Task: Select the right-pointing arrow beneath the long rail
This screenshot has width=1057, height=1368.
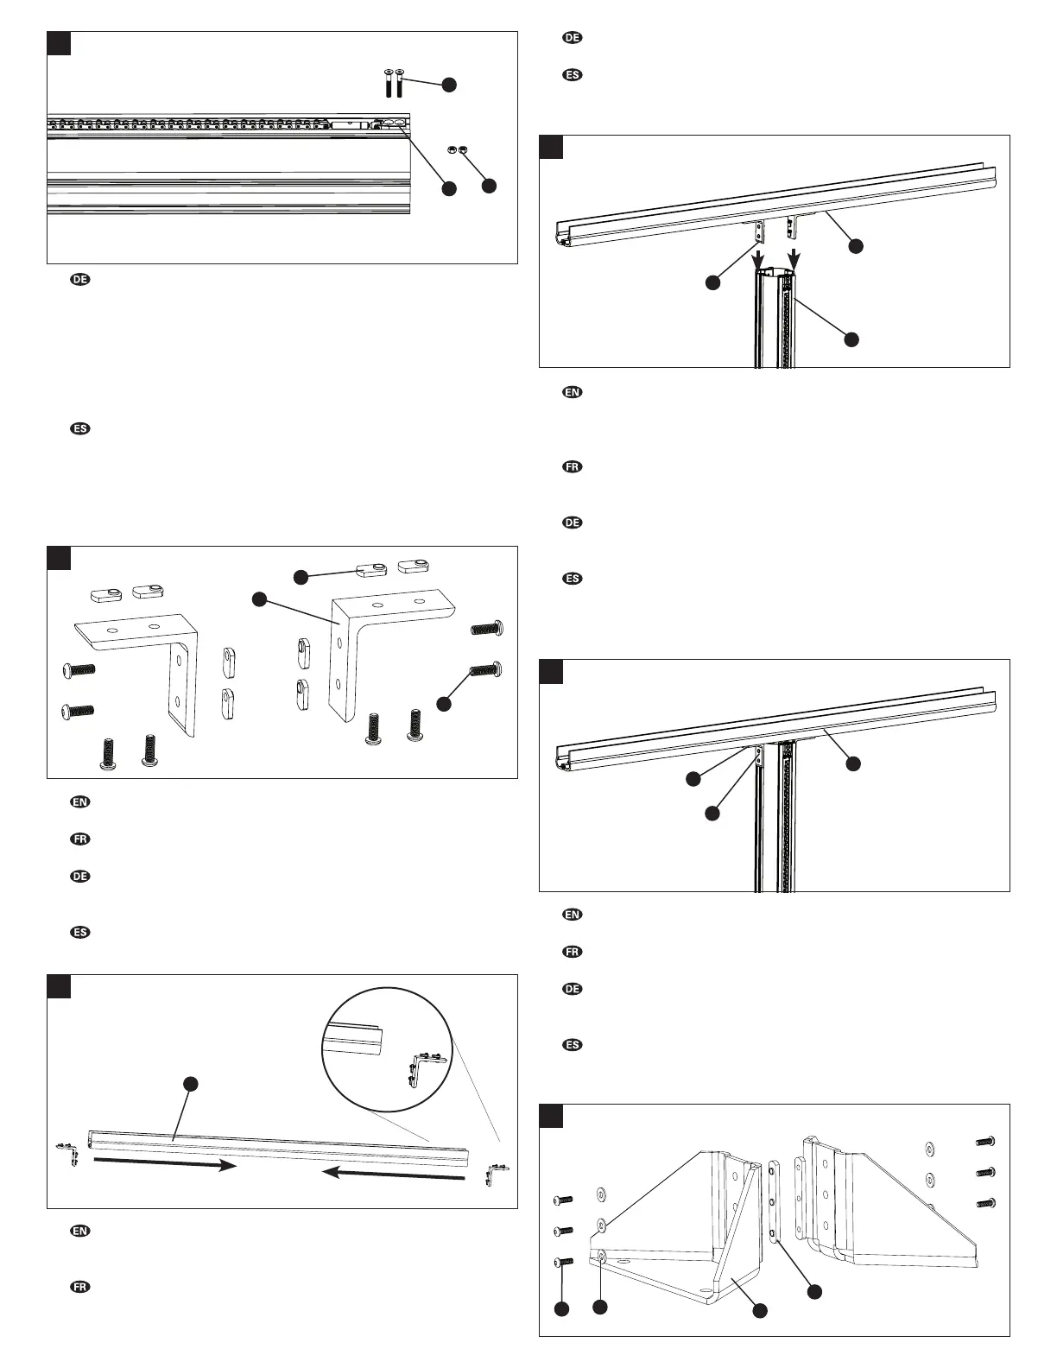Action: tap(164, 1165)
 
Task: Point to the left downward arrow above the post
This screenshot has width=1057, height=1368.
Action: tap(758, 258)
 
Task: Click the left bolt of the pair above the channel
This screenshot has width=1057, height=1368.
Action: tap(388, 84)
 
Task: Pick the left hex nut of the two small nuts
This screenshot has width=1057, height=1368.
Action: tap(451, 149)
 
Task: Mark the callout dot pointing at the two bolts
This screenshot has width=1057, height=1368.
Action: tap(448, 85)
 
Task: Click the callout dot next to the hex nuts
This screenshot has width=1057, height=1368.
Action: tap(489, 185)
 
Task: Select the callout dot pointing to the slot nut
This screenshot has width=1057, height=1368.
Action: tap(300, 575)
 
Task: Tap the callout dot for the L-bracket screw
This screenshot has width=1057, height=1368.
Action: tap(444, 704)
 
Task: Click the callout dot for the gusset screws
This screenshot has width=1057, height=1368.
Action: tap(561, 1309)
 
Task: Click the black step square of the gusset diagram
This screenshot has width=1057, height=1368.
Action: tap(551, 1116)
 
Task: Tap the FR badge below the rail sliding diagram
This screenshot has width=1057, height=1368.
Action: tap(79, 1287)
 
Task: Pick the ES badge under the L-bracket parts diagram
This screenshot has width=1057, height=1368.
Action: tap(79, 933)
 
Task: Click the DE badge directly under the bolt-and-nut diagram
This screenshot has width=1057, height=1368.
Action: tap(79, 280)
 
